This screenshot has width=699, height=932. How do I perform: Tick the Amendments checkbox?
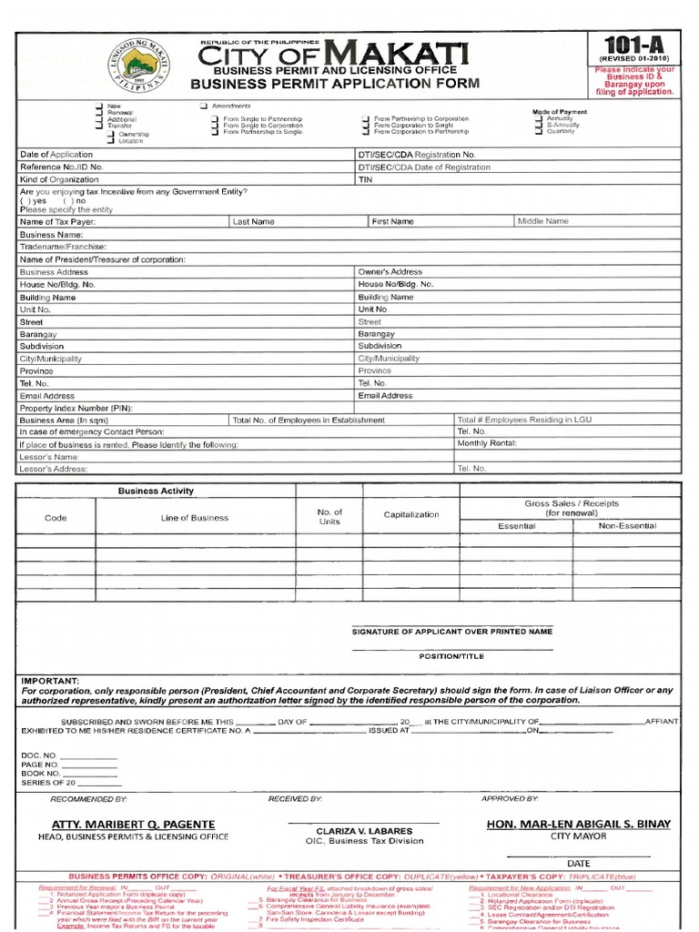coord(205,106)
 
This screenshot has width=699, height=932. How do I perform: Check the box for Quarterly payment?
coord(540,131)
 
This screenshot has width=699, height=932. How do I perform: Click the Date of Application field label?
coord(56,156)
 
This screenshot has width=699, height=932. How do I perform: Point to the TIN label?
coord(366,180)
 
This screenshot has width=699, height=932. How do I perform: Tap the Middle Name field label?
coord(543,221)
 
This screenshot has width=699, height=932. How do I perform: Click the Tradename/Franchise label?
coord(63,247)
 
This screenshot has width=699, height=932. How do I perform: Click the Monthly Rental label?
coord(487,443)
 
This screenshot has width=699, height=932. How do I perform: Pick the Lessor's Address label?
coord(54,469)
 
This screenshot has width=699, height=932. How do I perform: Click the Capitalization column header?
coord(411,514)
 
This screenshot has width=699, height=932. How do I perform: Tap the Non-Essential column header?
coord(627,526)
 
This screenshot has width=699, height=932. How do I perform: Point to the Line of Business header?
coord(195,518)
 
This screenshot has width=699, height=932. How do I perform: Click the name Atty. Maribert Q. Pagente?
coord(132,824)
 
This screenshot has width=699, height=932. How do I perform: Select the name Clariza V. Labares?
coord(364,831)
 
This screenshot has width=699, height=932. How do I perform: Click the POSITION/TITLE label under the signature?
coord(451,656)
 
